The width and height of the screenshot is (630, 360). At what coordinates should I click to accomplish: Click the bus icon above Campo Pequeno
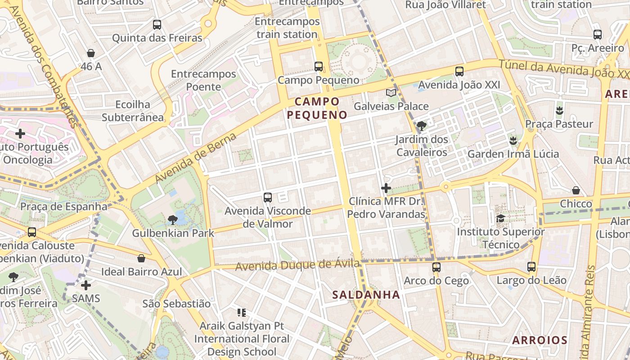pos(319,67)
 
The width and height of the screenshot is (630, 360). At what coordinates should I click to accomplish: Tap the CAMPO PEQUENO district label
pos(317,108)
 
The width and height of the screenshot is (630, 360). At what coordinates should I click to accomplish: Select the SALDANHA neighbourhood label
pos(366,295)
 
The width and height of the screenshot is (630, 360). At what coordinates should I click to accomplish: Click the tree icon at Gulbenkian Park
pos(172,220)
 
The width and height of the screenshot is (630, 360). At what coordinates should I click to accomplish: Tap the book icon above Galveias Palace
pos(391,93)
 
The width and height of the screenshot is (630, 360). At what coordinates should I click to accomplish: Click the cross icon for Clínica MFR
pos(386,188)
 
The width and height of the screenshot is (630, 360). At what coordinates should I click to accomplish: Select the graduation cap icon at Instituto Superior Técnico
pos(500,219)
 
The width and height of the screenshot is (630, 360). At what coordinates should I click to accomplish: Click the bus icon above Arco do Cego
pos(436,267)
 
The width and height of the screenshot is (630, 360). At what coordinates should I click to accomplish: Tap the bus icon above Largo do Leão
pos(531,267)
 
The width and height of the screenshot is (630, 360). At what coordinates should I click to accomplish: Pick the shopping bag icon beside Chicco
pos(576,190)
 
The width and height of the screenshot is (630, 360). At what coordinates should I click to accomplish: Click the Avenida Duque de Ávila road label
pos(297,265)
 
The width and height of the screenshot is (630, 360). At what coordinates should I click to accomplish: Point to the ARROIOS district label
pos(540,340)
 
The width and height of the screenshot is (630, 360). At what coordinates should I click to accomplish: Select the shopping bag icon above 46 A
pos(91,53)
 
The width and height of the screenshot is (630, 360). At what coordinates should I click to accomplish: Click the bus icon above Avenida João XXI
pos(459,71)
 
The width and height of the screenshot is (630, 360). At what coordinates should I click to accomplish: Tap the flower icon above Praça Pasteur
pos(559,110)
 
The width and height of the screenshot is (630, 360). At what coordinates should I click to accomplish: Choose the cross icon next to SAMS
pos(86,285)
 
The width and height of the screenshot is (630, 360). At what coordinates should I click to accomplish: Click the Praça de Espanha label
pos(64,207)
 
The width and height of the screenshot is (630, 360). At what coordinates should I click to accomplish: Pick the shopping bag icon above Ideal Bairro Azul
pos(141,258)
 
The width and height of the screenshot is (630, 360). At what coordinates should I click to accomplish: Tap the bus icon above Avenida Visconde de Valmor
pos(268,197)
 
